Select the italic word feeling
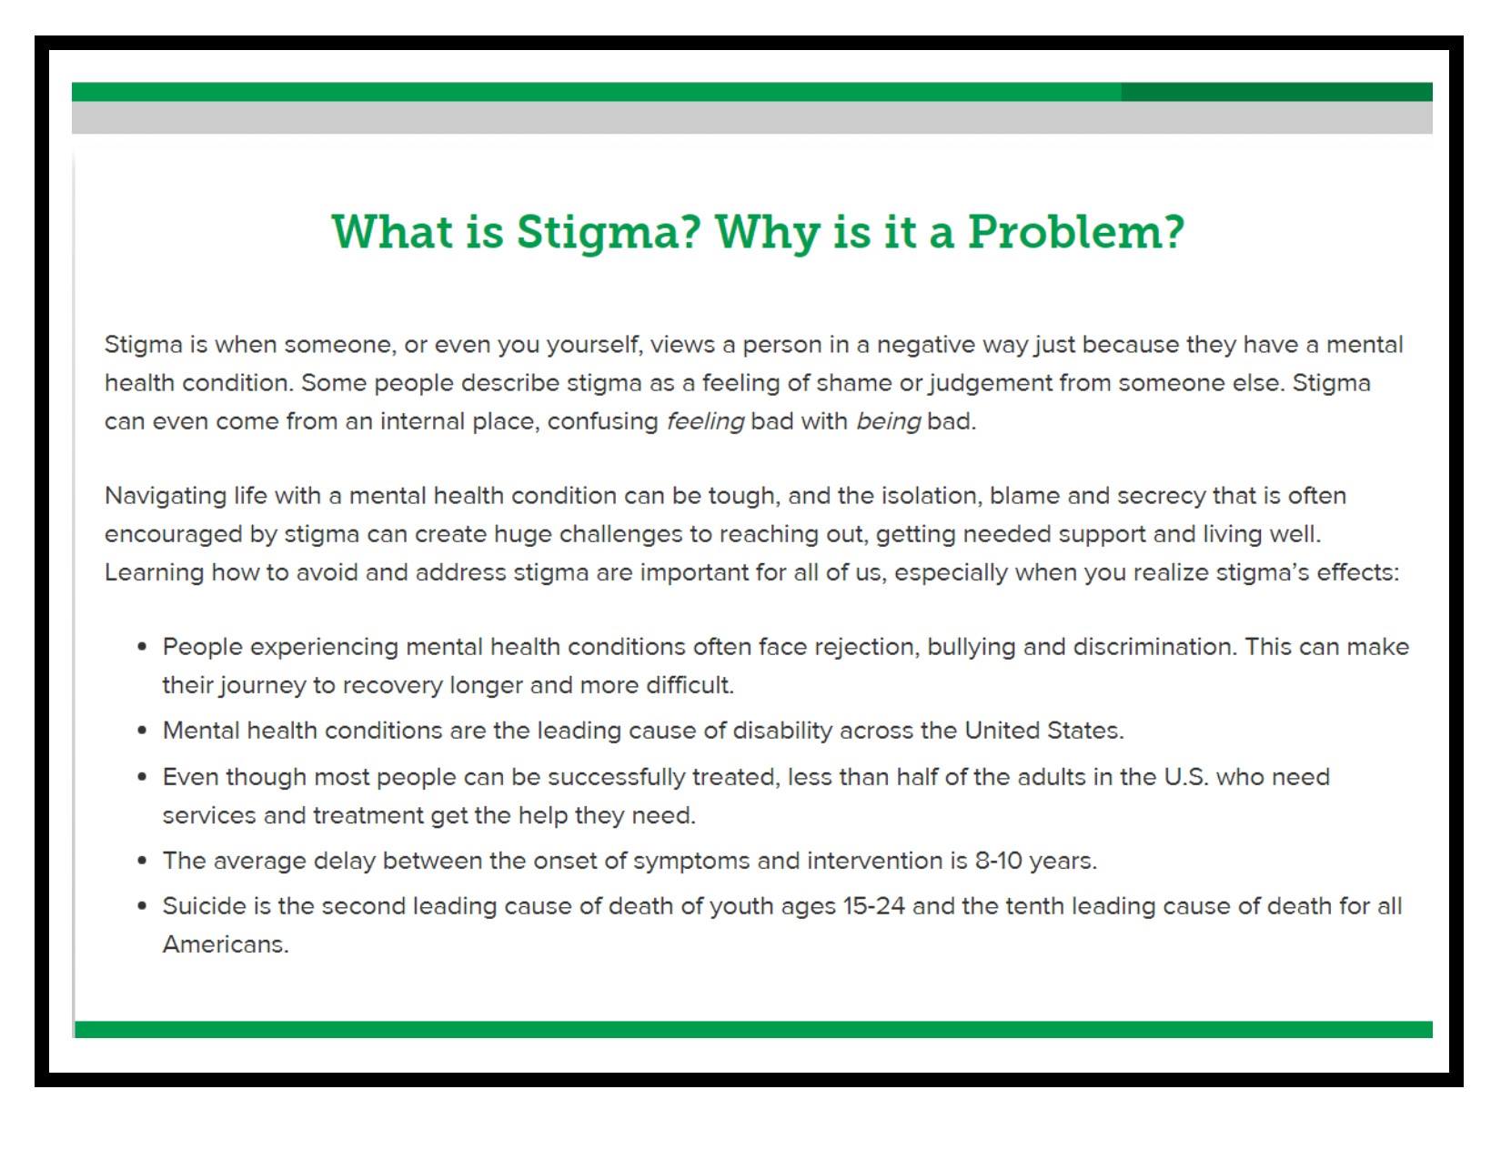point(705,420)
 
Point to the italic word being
point(888,420)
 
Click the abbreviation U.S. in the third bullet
point(1186,777)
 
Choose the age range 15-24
point(873,906)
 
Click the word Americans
point(226,944)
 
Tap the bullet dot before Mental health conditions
point(142,731)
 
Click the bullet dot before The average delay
point(142,861)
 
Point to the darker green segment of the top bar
point(1275,92)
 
